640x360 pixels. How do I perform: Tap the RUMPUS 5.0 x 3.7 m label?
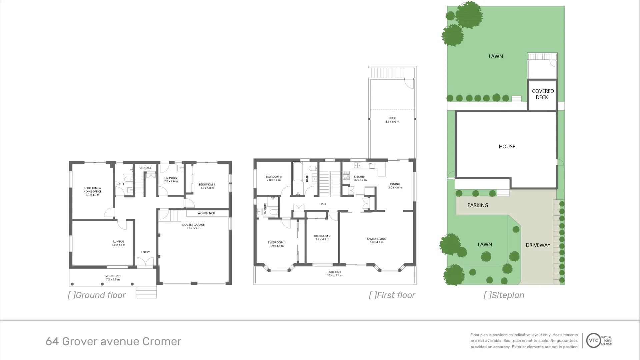[x=119, y=243]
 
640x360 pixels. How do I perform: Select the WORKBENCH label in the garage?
[x=206, y=213]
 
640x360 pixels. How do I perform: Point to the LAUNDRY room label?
[x=171, y=180]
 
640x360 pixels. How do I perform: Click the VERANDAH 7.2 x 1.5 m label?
[x=113, y=278]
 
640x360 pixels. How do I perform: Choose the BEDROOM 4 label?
[x=207, y=186]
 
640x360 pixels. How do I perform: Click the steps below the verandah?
[x=146, y=292]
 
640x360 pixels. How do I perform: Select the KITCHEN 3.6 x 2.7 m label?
[x=360, y=178]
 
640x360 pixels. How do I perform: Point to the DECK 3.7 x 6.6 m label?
[x=392, y=120]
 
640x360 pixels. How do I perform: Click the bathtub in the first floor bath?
[x=297, y=172]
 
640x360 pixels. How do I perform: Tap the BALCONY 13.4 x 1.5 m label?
[x=335, y=274]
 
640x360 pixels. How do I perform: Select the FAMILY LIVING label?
[x=376, y=240]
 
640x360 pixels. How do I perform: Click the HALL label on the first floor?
[x=323, y=204]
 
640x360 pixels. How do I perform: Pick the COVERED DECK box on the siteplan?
[x=542, y=94]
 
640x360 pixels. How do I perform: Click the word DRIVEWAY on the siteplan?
[x=538, y=245]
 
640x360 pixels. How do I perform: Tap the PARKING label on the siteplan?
[x=477, y=205]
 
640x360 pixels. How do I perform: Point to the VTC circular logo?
[x=593, y=340]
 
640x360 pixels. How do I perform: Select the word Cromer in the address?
[x=162, y=341]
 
